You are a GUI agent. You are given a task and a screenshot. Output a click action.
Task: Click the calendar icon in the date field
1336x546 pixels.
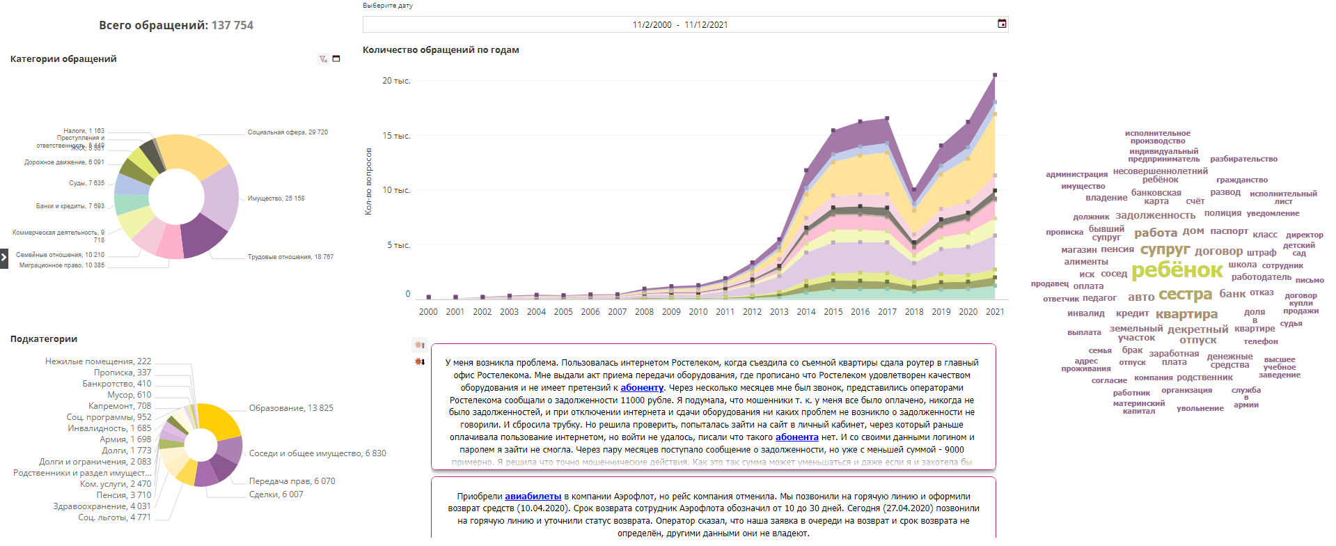[x=1002, y=24]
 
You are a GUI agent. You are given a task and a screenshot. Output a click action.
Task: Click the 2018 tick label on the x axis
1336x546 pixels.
[x=914, y=312]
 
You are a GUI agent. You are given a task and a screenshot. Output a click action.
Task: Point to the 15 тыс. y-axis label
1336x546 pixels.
[x=396, y=136]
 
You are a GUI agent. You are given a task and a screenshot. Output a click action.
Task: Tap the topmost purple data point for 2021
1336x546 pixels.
[x=995, y=75]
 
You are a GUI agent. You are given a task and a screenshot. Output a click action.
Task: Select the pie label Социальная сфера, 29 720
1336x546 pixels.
[x=288, y=132]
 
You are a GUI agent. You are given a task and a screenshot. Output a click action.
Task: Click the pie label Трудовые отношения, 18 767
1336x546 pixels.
[x=290, y=257]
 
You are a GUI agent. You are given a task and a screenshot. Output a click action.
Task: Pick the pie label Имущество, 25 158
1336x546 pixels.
[x=276, y=198]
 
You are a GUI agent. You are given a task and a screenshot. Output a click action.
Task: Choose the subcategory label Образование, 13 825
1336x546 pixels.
[x=291, y=408]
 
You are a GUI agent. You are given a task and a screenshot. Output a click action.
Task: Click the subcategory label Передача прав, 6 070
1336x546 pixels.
[x=292, y=481]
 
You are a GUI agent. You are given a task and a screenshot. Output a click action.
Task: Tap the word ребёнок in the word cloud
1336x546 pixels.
[x=1177, y=270]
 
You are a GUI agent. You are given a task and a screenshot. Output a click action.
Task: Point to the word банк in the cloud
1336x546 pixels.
[x=1232, y=294]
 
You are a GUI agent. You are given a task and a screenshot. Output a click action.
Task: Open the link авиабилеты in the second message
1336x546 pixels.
[x=533, y=497]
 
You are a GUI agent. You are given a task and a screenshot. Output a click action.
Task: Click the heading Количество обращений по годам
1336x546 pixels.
[x=441, y=50]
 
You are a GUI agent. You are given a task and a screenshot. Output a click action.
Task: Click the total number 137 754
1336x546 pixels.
[x=233, y=26]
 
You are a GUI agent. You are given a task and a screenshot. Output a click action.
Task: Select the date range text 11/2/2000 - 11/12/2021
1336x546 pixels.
[x=679, y=25]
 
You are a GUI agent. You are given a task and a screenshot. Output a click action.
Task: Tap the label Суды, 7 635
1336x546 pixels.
[x=86, y=183]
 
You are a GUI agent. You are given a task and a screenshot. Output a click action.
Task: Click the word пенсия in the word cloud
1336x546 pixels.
[x=1117, y=249]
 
